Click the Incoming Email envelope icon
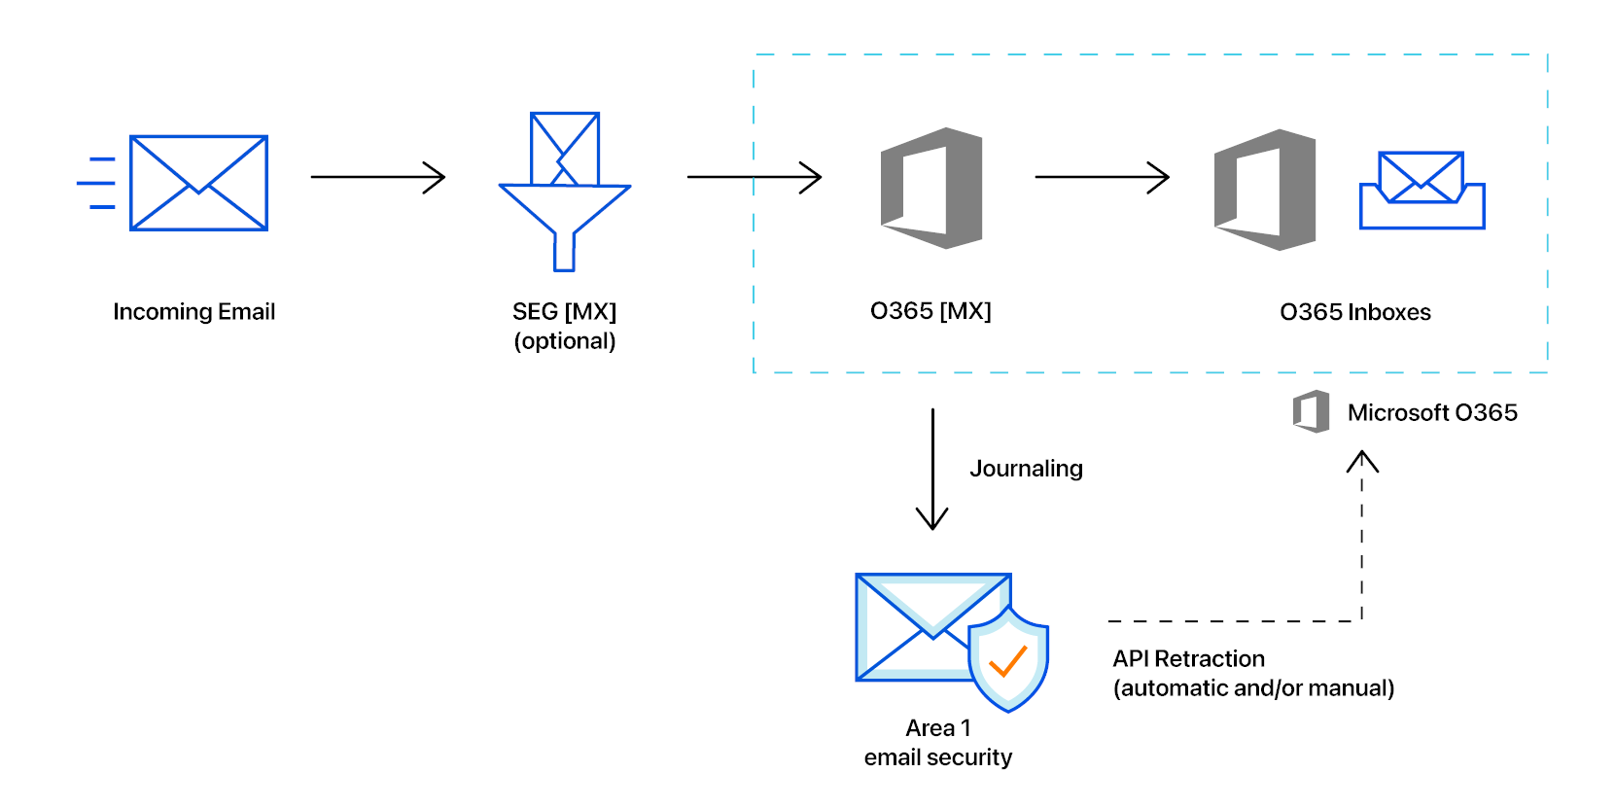click(198, 183)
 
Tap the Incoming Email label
click(193, 312)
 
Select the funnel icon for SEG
click(564, 194)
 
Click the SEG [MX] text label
click(564, 312)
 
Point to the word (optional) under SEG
click(565, 341)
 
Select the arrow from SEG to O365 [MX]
click(754, 177)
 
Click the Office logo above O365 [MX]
click(931, 188)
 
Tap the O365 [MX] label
click(930, 311)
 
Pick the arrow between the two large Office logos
click(1102, 177)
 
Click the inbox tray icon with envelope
click(1422, 191)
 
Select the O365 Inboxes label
click(1354, 312)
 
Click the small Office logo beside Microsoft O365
click(1311, 411)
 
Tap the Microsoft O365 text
click(1431, 412)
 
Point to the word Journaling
click(1026, 469)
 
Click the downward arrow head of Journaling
click(932, 520)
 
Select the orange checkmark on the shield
click(1007, 661)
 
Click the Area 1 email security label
click(937, 742)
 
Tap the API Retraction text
click(1188, 659)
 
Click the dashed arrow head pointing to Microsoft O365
click(1362, 460)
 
